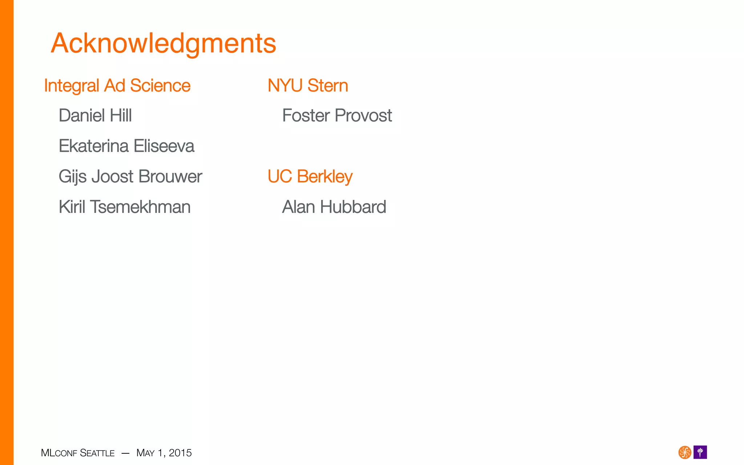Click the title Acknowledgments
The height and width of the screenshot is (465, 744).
(163, 44)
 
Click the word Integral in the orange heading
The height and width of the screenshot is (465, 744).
(72, 86)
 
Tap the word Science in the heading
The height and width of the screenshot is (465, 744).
(160, 86)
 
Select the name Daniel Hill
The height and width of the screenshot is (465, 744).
(95, 116)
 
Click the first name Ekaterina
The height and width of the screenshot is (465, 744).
(94, 146)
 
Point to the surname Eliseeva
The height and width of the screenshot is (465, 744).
(164, 146)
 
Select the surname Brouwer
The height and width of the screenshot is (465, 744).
(170, 177)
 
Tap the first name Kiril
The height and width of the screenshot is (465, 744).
(72, 207)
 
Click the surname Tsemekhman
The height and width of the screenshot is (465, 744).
(140, 207)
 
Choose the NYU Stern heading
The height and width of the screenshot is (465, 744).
(308, 86)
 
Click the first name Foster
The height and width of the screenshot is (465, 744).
(306, 116)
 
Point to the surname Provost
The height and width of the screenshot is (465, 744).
(363, 116)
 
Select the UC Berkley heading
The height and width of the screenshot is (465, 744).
(310, 177)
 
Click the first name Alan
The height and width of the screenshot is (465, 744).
(299, 207)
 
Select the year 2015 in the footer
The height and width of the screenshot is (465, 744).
(180, 453)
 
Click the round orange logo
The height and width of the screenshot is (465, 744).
(685, 452)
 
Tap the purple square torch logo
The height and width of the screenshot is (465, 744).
(700, 452)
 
